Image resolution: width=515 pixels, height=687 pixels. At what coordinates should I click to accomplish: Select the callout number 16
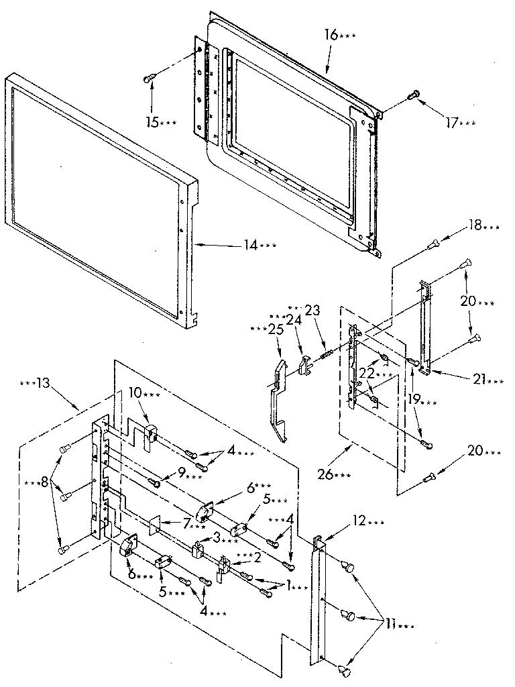click(332, 35)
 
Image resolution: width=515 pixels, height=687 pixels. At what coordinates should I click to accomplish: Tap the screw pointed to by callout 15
click(150, 79)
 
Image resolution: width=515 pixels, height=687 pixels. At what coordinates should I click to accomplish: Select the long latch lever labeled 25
click(280, 396)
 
